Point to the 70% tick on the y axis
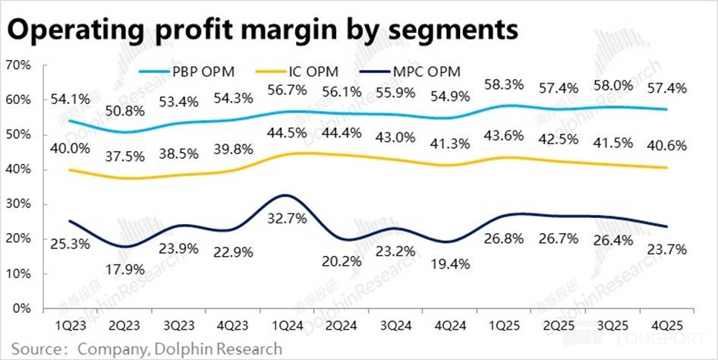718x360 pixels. click(x=17, y=65)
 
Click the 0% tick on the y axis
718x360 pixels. click(x=21, y=308)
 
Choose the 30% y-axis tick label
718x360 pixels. click(x=17, y=204)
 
